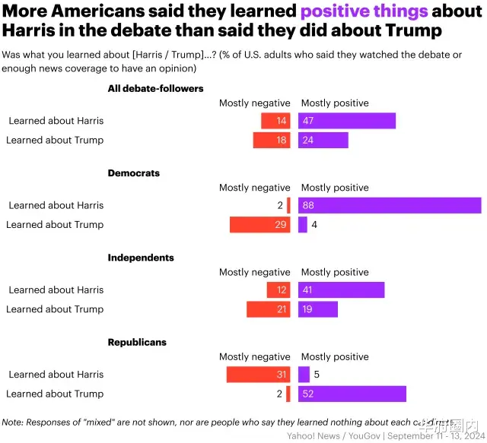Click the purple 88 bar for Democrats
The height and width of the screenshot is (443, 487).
click(390, 205)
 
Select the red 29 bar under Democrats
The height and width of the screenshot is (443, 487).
click(260, 225)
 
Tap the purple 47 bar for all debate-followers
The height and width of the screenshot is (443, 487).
click(347, 121)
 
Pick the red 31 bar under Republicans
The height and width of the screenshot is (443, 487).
click(259, 374)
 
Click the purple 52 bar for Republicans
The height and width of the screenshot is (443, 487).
click(352, 394)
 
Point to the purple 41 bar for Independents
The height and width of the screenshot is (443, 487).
click(342, 290)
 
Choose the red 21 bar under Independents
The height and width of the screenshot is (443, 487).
click(269, 309)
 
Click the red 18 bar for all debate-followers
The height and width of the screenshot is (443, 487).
click(272, 141)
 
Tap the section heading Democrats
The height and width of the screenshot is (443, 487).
click(134, 173)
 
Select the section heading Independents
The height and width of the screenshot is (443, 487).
click(141, 258)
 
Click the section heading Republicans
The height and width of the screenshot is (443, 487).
click(137, 343)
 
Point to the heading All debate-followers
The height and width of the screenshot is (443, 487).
click(155, 88)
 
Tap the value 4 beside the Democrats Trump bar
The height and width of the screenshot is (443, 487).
click(314, 225)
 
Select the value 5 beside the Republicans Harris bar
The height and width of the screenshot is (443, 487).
click(316, 374)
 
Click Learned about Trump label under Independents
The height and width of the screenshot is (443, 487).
click(55, 309)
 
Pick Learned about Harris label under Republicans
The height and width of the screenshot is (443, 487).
click(56, 374)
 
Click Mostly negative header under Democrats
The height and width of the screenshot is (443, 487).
click(255, 188)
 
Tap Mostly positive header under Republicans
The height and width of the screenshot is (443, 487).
click(335, 357)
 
